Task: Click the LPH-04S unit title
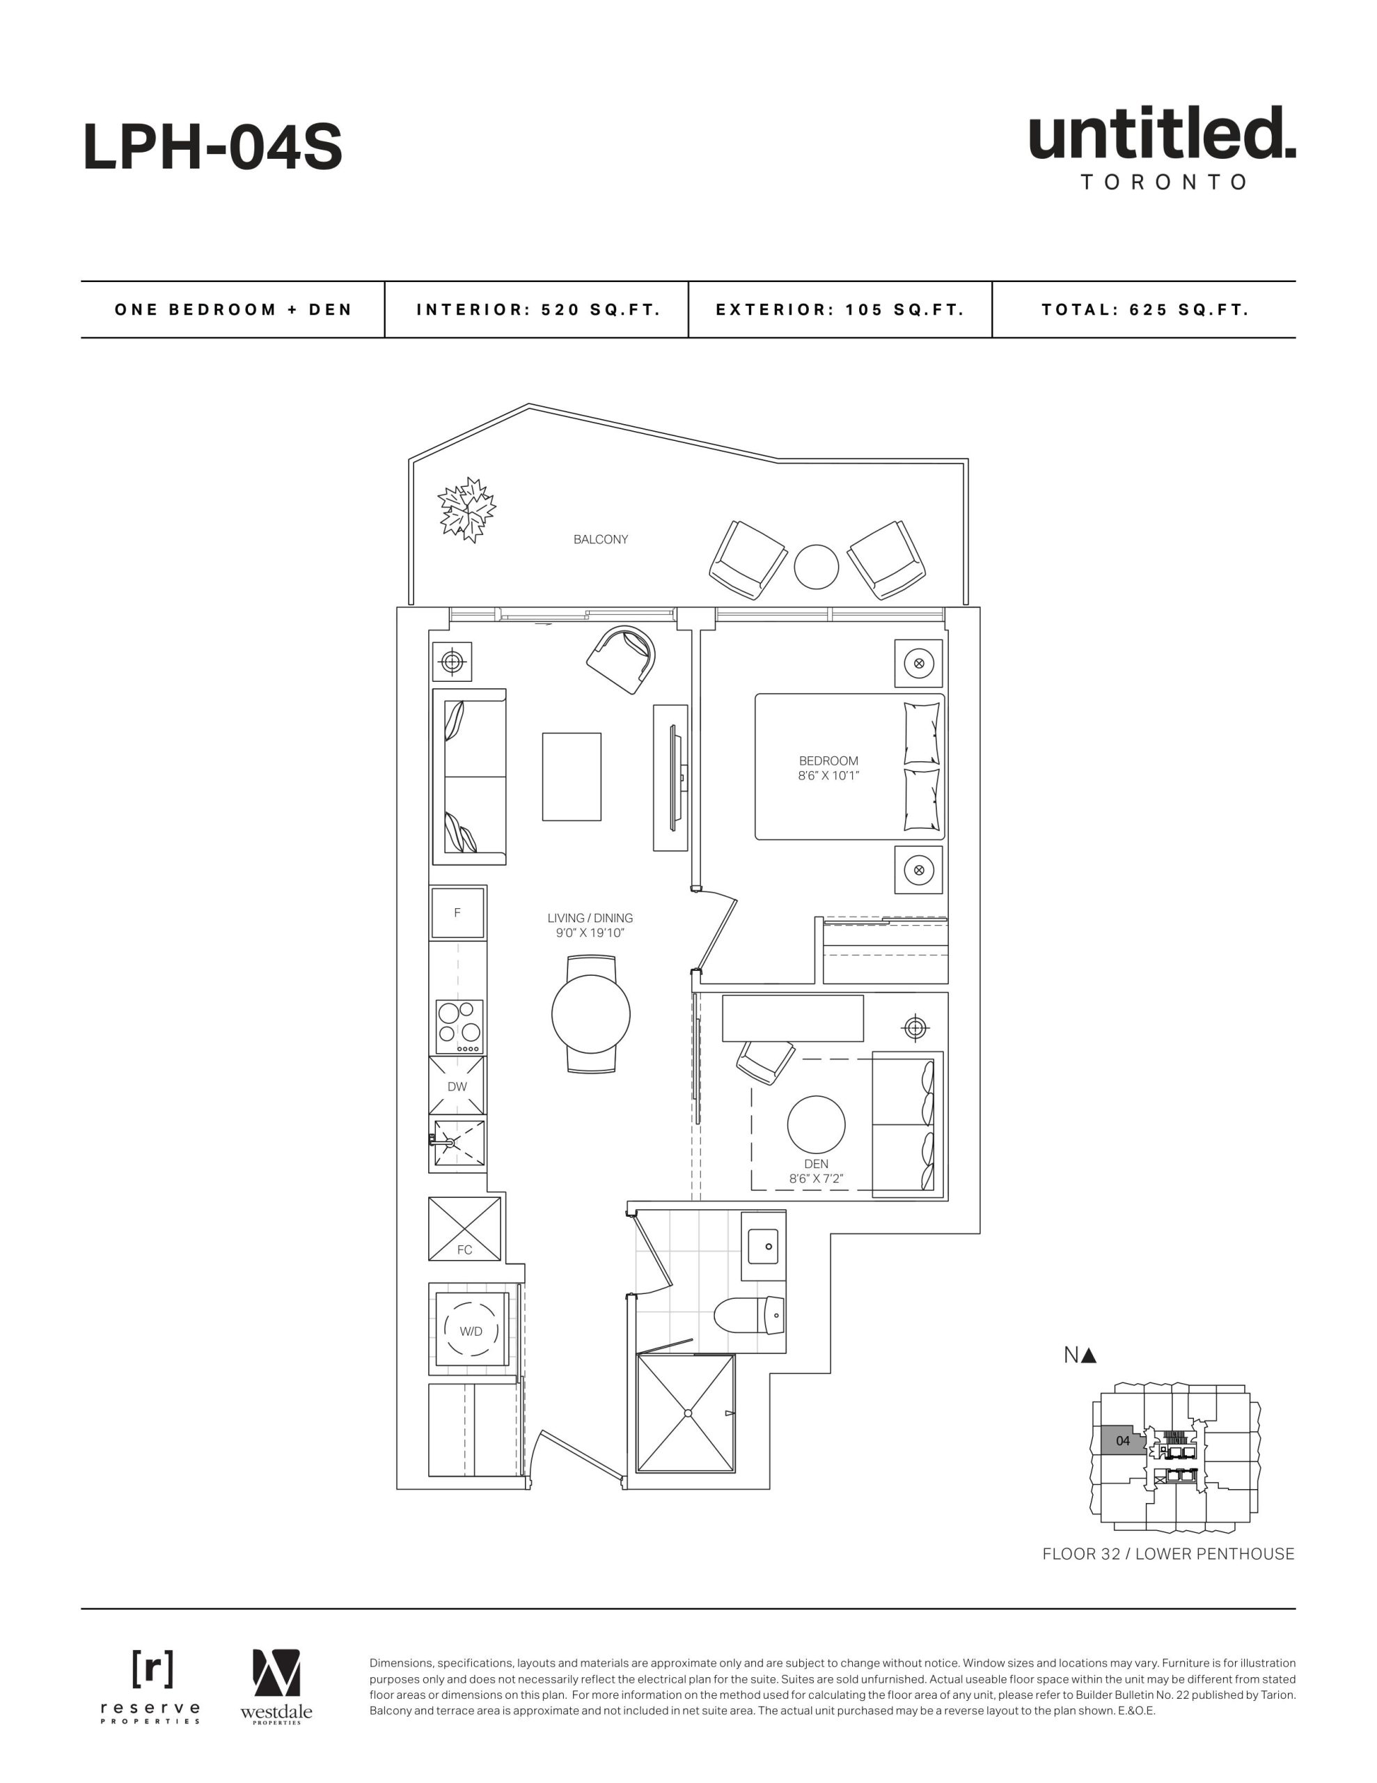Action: (x=212, y=148)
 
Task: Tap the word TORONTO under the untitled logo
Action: (x=1163, y=182)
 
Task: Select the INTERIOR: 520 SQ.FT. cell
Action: (x=537, y=309)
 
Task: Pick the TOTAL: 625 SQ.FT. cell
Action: (x=1144, y=309)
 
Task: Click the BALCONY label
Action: (x=600, y=540)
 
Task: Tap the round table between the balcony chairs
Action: (x=816, y=566)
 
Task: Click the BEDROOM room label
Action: (x=828, y=761)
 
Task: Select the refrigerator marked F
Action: (x=457, y=912)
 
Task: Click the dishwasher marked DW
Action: (x=457, y=1086)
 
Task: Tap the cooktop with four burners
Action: (x=459, y=1026)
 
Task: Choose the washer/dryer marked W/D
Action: (x=471, y=1331)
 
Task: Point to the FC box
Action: (x=464, y=1229)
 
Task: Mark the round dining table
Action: (x=591, y=1014)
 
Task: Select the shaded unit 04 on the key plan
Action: (x=1122, y=1441)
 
